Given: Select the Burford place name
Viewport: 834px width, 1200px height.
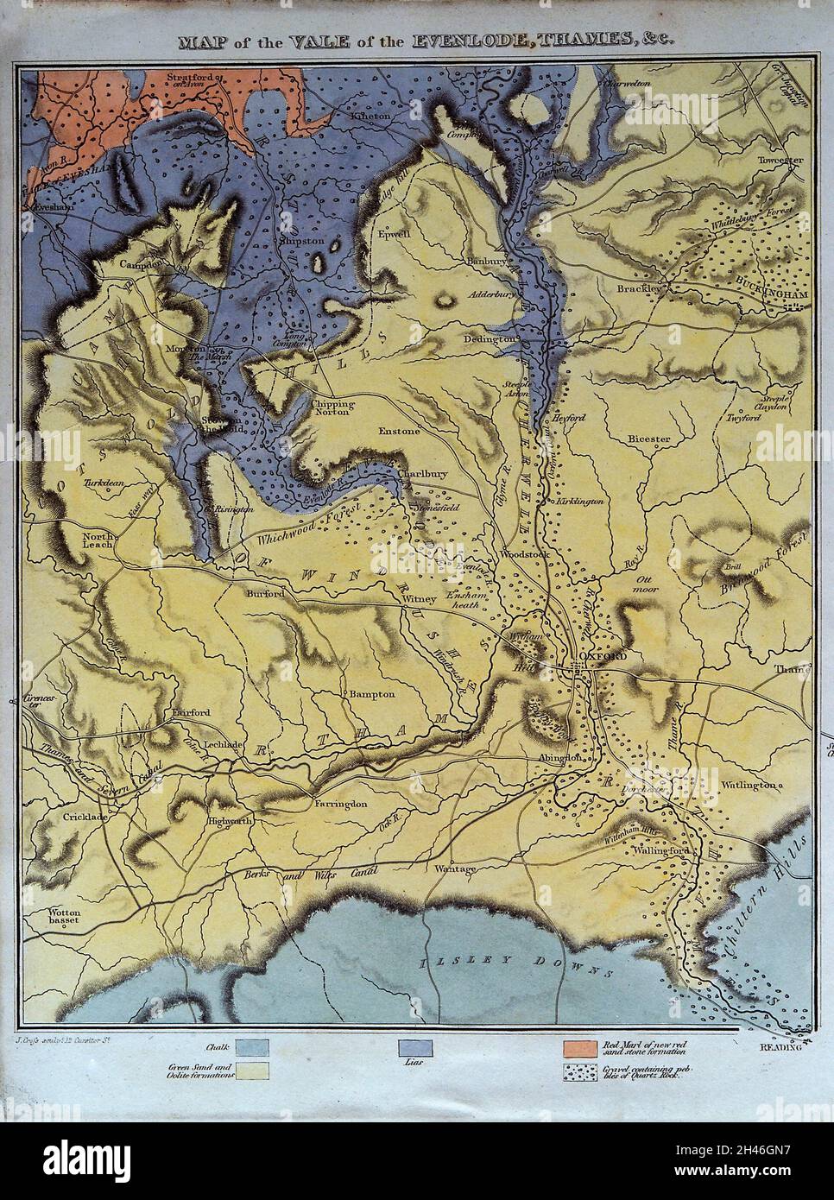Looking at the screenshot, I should click(x=264, y=594).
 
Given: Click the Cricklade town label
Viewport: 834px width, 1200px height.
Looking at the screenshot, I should click(x=83, y=815).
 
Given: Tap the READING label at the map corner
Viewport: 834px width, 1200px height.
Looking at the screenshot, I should click(x=780, y=1047).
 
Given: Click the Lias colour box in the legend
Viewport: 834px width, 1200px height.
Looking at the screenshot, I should click(x=414, y=1047).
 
